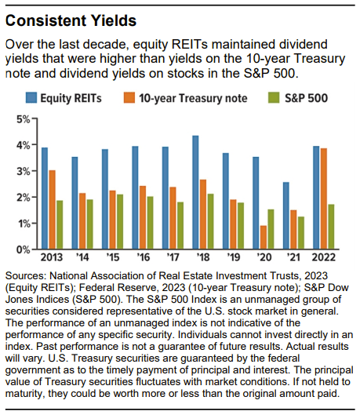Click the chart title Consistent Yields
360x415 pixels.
pos(71,20)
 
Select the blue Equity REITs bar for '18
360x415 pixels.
pos(195,192)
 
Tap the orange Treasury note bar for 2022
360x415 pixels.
pos(324,198)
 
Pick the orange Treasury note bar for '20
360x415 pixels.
pos(264,238)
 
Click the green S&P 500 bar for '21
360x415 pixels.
pos(301,233)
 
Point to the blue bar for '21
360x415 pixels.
pos(286,216)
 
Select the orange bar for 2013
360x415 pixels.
pos(53,209)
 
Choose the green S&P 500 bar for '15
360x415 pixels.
pos(120,222)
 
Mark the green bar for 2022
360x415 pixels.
pos(331,227)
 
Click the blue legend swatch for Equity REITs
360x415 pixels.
pos(31,97)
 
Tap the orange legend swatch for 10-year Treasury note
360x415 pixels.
pos(129,97)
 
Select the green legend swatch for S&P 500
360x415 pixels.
pos(274,97)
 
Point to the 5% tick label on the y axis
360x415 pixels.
pos(24,119)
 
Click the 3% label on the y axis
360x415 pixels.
pos(24,172)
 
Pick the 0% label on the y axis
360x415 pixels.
pos(24,249)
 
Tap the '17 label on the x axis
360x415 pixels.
pos(173,257)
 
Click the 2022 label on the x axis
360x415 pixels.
pos(324,257)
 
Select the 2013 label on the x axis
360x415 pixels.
pos(52,257)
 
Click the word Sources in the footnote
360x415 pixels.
pos(26,276)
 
